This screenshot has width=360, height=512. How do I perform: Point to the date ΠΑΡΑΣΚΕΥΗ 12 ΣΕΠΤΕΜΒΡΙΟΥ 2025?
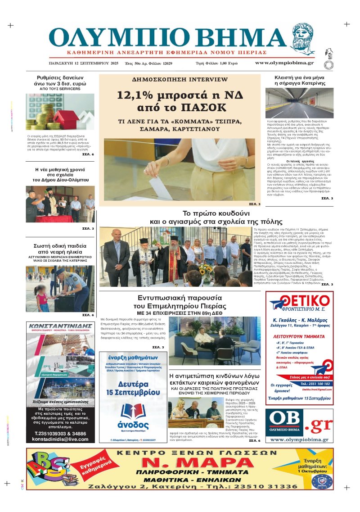click(83, 63)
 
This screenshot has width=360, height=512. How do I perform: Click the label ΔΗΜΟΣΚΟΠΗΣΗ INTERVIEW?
click(173, 79)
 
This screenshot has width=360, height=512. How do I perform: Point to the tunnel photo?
click(300, 103)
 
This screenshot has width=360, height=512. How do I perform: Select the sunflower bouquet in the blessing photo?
click(206, 272)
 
